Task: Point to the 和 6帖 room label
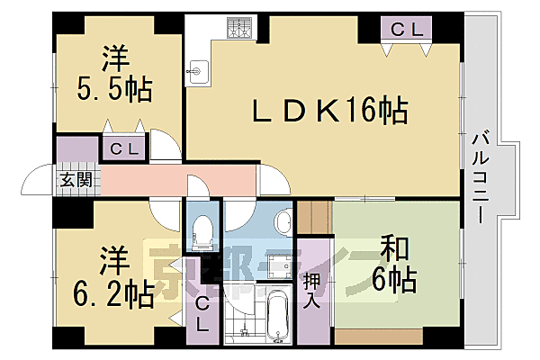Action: [392, 265]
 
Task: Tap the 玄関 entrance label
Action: [76, 179]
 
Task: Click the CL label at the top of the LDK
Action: [406, 30]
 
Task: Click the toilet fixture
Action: [202, 231]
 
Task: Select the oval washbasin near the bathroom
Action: [283, 221]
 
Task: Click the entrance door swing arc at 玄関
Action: [37, 178]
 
